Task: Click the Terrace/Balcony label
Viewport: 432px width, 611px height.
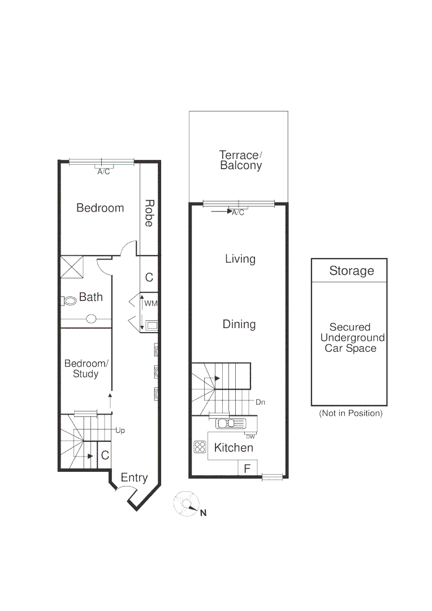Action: (240, 160)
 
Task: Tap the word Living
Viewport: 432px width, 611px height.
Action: (240, 259)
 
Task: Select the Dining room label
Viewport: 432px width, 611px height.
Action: (239, 324)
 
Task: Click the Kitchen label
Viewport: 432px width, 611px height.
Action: (234, 448)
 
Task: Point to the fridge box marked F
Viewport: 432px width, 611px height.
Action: (247, 468)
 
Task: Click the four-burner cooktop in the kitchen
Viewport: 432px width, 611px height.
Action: (200, 447)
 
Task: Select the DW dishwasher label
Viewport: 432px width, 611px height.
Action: (250, 436)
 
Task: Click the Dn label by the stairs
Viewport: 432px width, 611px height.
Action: (260, 402)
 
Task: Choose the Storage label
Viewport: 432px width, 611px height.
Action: (351, 271)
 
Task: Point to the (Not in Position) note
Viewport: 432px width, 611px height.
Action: (351, 414)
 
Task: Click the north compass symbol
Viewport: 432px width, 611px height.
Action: (187, 504)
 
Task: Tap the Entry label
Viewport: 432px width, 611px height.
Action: (134, 478)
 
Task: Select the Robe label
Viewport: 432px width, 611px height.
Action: (149, 213)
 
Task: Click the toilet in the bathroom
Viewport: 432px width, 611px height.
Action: (70, 301)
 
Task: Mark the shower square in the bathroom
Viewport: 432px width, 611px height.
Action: (72, 267)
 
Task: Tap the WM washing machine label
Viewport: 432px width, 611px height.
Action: (150, 304)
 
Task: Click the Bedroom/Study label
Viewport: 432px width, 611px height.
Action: (85, 368)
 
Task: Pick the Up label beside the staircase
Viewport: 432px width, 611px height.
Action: (120, 431)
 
